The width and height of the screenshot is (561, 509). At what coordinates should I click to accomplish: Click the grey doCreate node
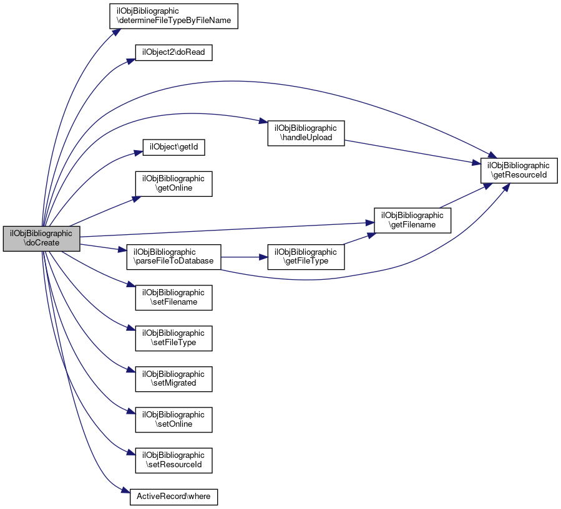[x=42, y=239]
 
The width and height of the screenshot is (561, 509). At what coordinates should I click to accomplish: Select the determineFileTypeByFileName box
[x=173, y=16]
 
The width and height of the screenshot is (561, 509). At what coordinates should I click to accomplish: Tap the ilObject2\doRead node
[x=173, y=52]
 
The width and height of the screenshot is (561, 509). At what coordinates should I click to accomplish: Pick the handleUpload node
[x=306, y=133]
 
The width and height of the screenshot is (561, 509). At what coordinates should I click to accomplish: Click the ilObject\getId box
[x=173, y=147]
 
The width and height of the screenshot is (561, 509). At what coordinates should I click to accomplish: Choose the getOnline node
[x=173, y=184]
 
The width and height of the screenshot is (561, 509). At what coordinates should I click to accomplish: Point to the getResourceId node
[x=519, y=170]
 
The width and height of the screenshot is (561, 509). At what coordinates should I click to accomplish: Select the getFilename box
[x=412, y=221]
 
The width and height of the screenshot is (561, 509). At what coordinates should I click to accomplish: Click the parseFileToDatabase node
[x=173, y=257]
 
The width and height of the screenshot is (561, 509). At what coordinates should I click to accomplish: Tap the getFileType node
[x=306, y=257]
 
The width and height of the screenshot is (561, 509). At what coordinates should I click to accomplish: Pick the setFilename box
[x=173, y=298]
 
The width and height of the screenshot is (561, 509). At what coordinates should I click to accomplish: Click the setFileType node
[x=173, y=338]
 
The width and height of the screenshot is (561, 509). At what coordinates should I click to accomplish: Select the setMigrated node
[x=173, y=379]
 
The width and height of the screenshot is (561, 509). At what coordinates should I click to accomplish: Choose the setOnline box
[x=173, y=420]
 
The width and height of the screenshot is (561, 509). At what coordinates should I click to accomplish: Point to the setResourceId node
[x=173, y=460]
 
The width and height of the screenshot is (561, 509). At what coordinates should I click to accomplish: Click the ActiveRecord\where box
[x=173, y=497]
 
